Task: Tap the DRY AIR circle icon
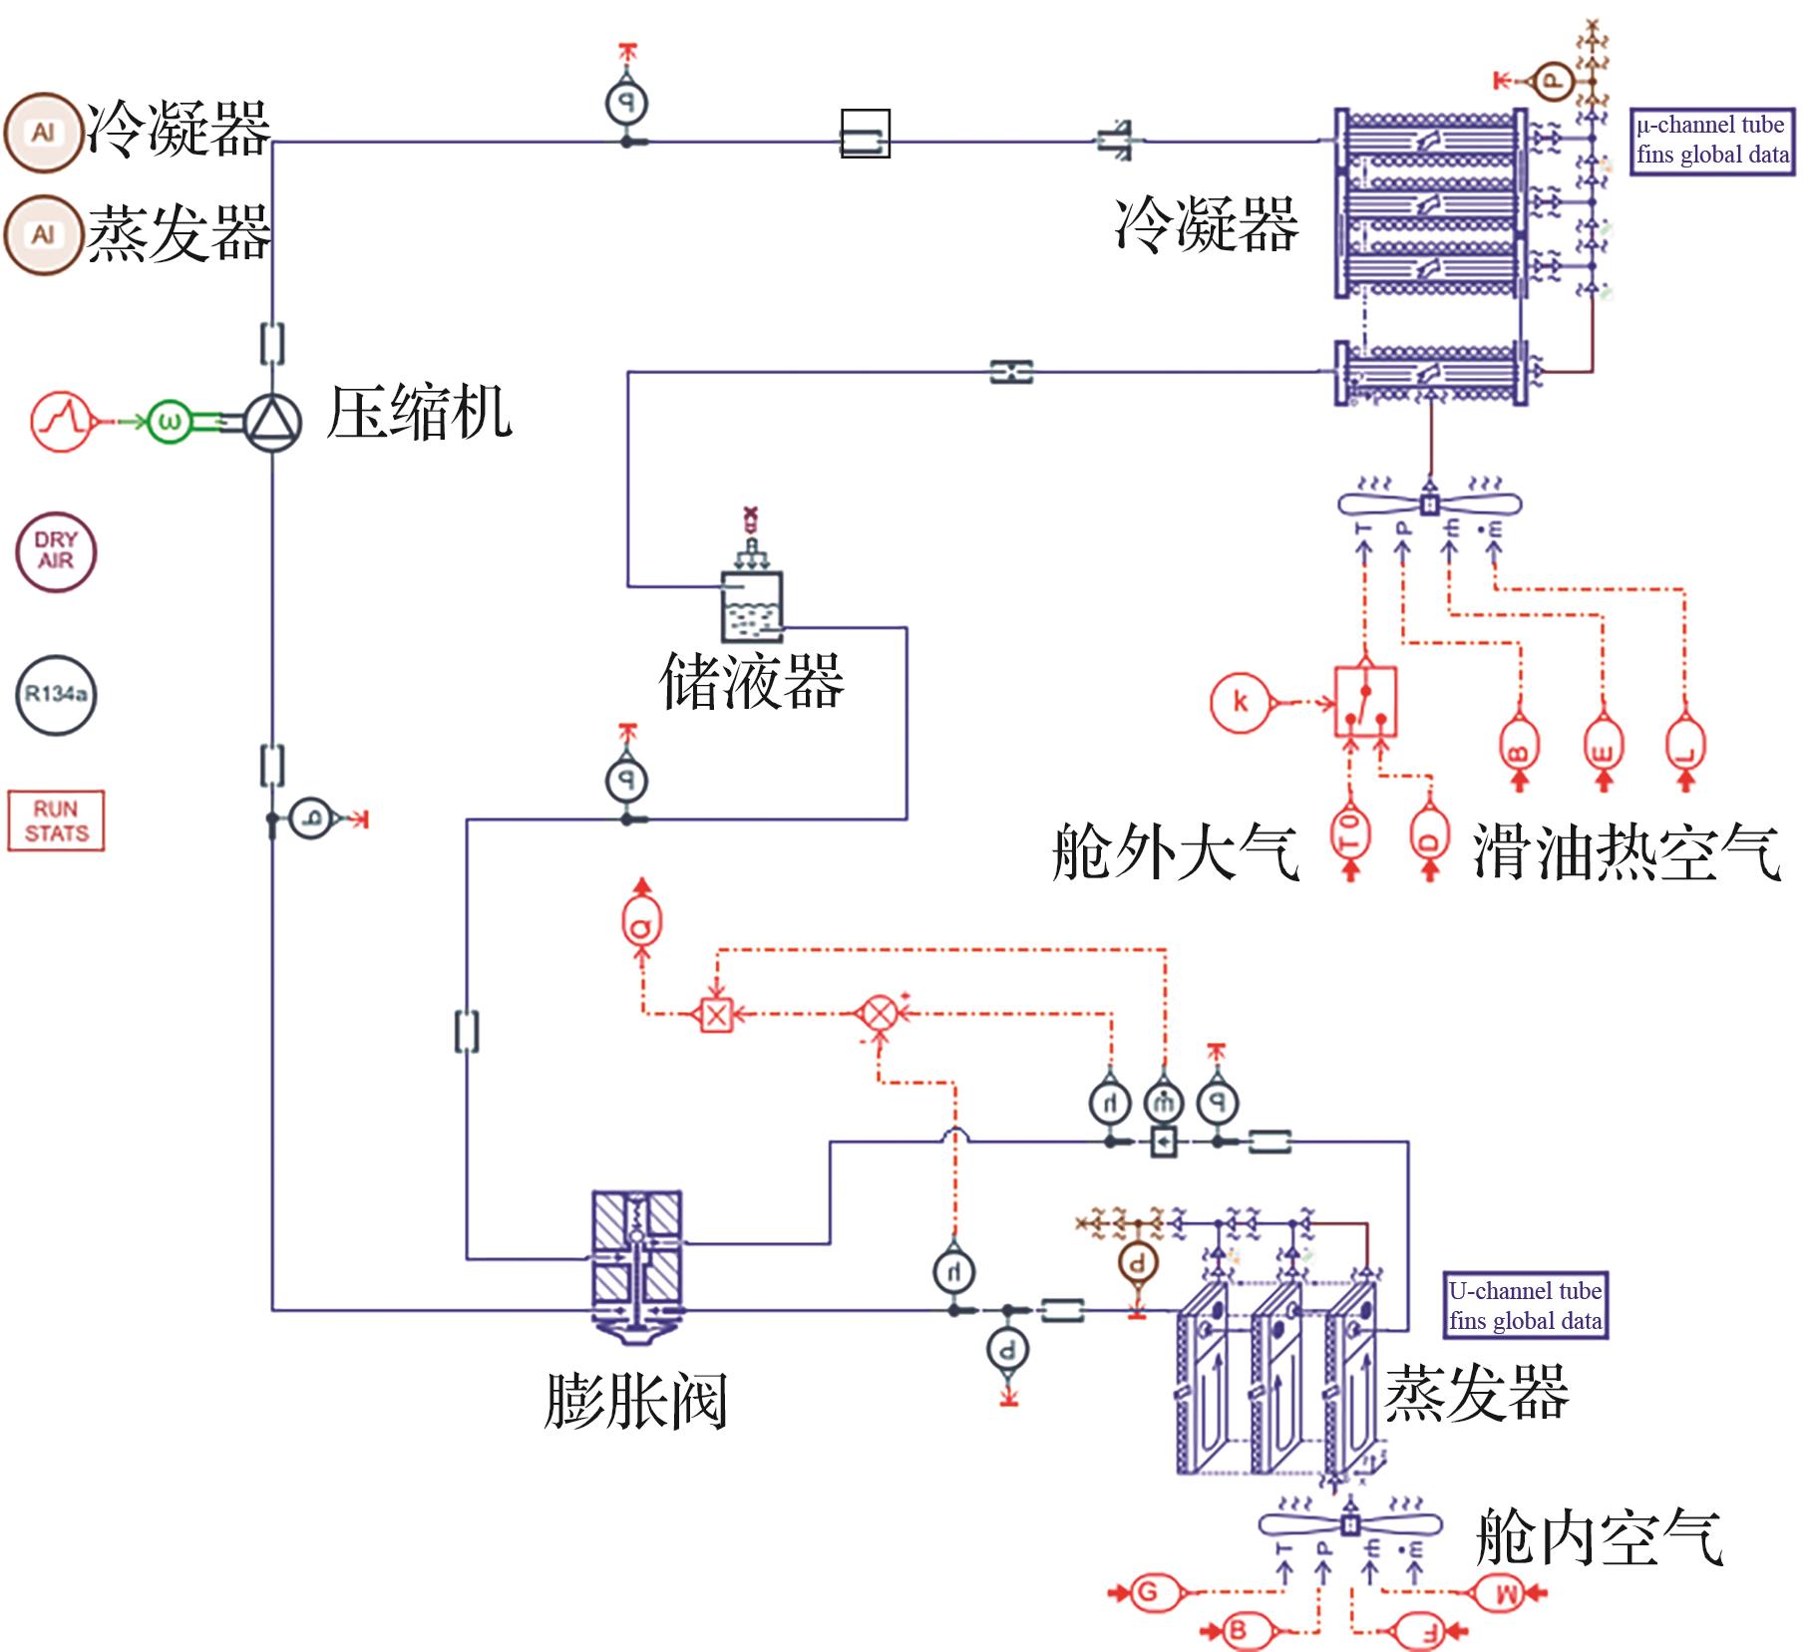pyautogui.click(x=56, y=551)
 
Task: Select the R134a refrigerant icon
pyautogui.click(x=56, y=695)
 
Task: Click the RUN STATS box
pyautogui.click(x=56, y=822)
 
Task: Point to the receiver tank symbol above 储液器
pyautogui.click(x=752, y=606)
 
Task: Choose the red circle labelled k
pyautogui.click(x=1241, y=702)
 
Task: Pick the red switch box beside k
pyautogui.click(x=1365, y=703)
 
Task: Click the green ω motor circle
pyautogui.click(x=170, y=423)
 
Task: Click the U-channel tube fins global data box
pyautogui.click(x=1525, y=1306)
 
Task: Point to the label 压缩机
pyautogui.click(x=419, y=413)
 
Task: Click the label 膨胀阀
pyautogui.click(x=635, y=1401)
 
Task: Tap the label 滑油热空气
pyautogui.click(x=1627, y=851)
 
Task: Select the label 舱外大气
pyautogui.click(x=1175, y=851)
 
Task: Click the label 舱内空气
pyautogui.click(x=1599, y=1536)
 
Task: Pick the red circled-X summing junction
pyautogui.click(x=879, y=1014)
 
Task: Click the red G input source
pyautogui.click(x=1148, y=1591)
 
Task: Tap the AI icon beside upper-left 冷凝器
pyautogui.click(x=43, y=133)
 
